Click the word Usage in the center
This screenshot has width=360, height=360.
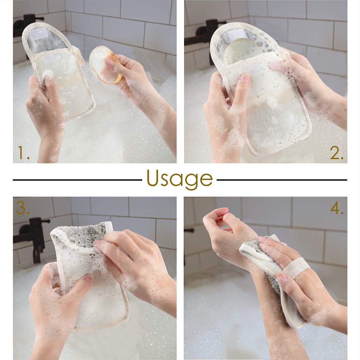180,180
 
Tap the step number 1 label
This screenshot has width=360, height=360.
24,153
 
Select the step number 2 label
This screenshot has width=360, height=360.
337,153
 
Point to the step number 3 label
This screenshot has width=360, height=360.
22,208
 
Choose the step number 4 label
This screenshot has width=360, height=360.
337,208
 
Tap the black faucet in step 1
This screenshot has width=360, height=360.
27,25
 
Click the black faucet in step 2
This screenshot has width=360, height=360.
207,39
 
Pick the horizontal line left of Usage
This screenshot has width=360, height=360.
77,180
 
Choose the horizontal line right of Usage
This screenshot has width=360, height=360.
282,180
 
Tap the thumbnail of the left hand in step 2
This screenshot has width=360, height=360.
246,78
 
